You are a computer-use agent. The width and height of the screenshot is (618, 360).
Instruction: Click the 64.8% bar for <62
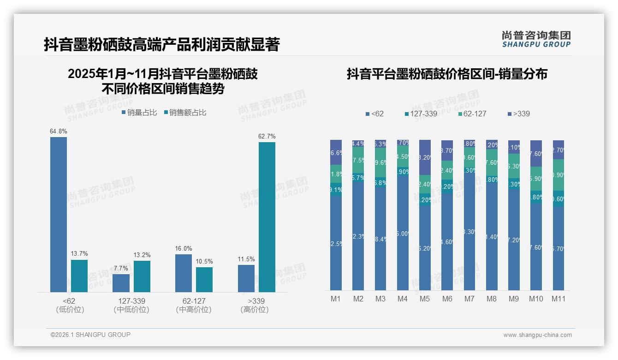point(59,214)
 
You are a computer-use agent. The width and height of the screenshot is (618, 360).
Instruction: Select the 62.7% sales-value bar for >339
point(267,217)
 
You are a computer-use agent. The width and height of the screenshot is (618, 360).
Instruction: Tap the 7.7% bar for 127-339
point(121,283)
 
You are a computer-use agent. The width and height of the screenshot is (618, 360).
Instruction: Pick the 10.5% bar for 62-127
point(204,279)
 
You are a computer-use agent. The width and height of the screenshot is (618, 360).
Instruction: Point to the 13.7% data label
point(79,254)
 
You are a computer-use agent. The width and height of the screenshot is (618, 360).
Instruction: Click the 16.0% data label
point(184,249)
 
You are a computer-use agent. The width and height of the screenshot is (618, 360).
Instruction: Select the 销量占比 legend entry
point(140,113)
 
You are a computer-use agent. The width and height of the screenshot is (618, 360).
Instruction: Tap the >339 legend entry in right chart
point(519,114)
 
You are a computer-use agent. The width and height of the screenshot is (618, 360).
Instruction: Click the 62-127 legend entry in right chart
point(472,114)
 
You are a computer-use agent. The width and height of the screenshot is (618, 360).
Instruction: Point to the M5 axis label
point(425,299)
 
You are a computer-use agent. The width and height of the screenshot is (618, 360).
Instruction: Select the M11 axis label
point(558,299)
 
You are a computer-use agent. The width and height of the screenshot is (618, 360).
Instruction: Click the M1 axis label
point(336,299)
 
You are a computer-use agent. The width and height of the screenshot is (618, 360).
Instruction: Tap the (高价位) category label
point(255,310)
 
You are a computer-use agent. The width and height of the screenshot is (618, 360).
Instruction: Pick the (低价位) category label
point(70,310)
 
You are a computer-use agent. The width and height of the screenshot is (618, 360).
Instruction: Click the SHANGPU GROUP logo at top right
point(536,39)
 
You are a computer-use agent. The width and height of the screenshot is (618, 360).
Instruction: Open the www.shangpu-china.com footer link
point(537,335)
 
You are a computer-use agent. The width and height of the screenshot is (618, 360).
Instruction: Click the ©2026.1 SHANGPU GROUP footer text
point(90,335)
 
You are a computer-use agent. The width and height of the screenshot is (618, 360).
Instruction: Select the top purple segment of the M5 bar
point(425,157)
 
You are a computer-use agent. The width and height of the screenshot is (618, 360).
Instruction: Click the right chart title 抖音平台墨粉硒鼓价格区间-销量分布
point(447,74)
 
